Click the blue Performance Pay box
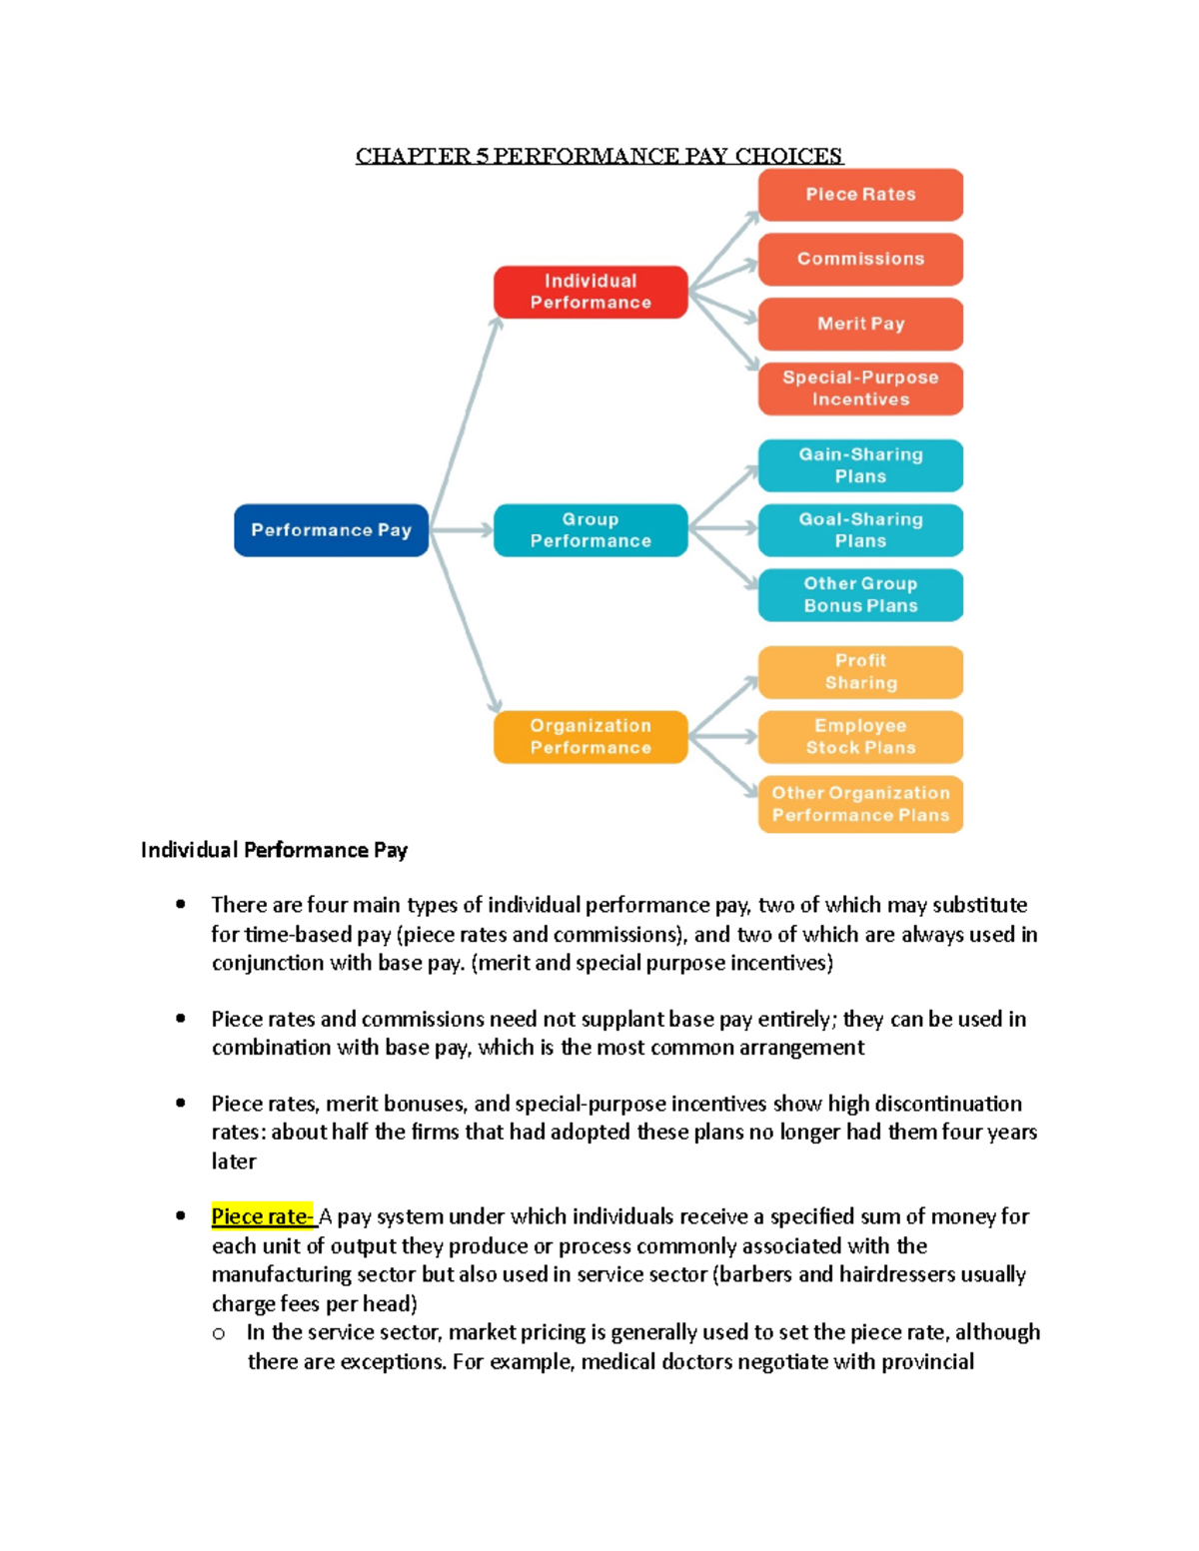coord(331,530)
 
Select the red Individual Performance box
coord(591,292)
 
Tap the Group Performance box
coord(591,530)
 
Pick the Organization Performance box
coord(591,737)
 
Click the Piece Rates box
coord(860,195)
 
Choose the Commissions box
coord(860,259)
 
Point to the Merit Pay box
coord(860,324)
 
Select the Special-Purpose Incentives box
coord(860,388)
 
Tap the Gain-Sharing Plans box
coord(860,465)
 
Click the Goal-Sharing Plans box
coord(860,530)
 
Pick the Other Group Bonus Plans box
coord(860,595)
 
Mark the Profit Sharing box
coord(860,672)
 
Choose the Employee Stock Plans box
coord(860,737)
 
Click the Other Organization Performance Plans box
coord(860,804)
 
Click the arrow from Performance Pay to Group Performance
coord(462,530)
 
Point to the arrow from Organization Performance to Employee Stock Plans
coord(723,737)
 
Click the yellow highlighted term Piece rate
coord(262,1216)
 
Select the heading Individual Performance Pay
coord(274,850)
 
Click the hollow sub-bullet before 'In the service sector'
coord(219,1333)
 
